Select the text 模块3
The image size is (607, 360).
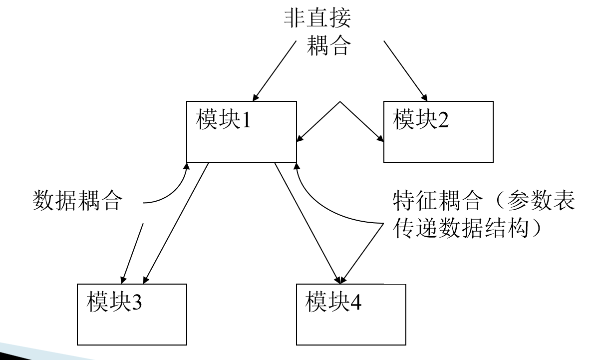pyautogui.click(x=115, y=304)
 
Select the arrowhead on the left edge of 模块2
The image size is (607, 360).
pyautogui.click(x=379, y=141)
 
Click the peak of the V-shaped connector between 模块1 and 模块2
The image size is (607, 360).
pyautogui.click(x=340, y=102)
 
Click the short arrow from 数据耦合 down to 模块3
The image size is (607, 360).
pyautogui.click(x=131, y=255)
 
